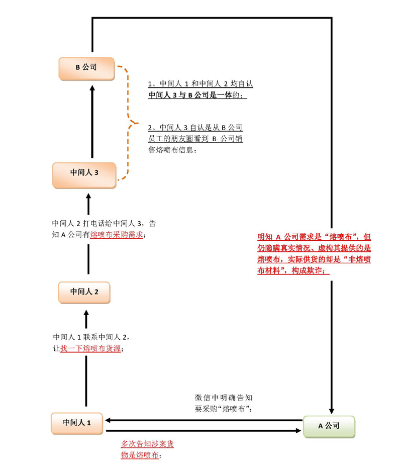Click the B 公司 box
[x=86, y=68]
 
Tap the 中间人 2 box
[x=84, y=292]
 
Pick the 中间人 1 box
[x=77, y=423]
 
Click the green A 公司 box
[x=329, y=426]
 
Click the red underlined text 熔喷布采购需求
[x=117, y=235]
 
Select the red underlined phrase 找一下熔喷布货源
[x=90, y=349]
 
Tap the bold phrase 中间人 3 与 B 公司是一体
[x=191, y=95]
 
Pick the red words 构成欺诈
[x=313, y=270]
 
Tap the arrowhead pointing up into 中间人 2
[x=86, y=313]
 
